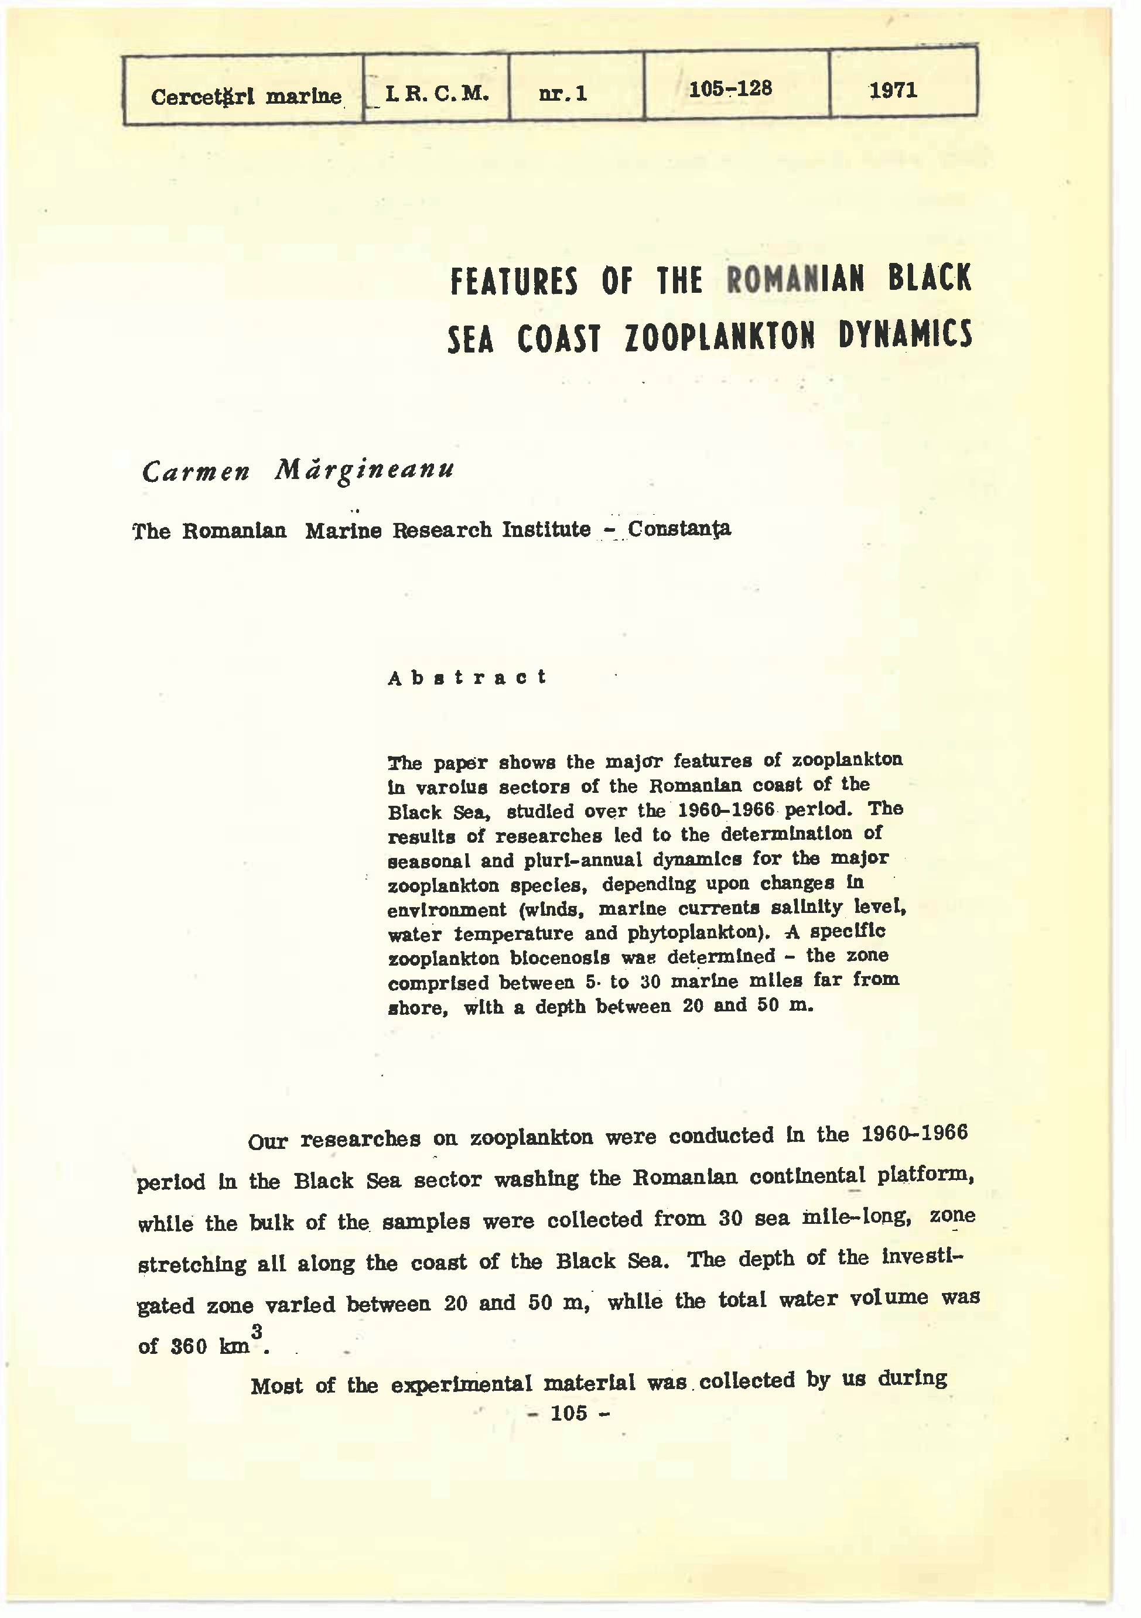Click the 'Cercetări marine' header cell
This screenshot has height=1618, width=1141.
(x=246, y=97)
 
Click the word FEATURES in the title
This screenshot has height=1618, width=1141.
(x=514, y=281)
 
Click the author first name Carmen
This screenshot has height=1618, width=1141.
(x=195, y=471)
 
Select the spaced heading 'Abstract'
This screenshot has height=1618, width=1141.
(x=467, y=677)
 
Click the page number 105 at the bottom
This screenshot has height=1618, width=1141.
(x=568, y=1413)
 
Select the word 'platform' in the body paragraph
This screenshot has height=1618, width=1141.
(x=923, y=1175)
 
